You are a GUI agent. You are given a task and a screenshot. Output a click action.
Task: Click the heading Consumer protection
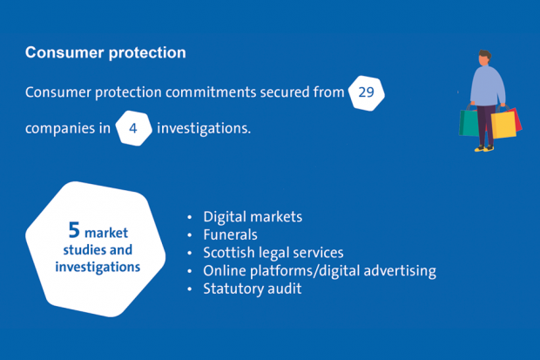[105, 53]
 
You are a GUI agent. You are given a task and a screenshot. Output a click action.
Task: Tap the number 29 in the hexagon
[366, 92]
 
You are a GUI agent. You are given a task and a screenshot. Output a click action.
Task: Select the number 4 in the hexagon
[133, 129]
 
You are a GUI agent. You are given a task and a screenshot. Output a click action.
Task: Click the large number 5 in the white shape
[74, 230]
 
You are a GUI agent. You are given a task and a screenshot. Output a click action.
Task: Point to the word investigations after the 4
[204, 129]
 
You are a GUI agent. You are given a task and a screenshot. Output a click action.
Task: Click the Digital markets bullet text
[253, 217]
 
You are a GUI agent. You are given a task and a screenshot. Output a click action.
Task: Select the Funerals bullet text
[231, 234]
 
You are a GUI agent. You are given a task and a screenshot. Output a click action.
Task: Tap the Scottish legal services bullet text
[273, 253]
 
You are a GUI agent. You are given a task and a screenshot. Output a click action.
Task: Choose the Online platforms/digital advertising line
[320, 271]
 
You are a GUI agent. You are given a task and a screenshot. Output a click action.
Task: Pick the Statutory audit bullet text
[253, 289]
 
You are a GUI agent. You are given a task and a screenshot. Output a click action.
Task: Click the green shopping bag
[469, 122]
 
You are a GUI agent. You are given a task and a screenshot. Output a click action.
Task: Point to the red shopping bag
[517, 119]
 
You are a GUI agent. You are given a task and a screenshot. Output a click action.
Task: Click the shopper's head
[484, 58]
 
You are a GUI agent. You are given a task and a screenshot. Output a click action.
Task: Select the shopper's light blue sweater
[487, 85]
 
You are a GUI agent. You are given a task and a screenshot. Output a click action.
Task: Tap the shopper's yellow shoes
[484, 149]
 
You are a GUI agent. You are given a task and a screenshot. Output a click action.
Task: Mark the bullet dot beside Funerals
[189, 235]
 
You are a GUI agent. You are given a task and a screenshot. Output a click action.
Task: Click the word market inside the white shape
[106, 233]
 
